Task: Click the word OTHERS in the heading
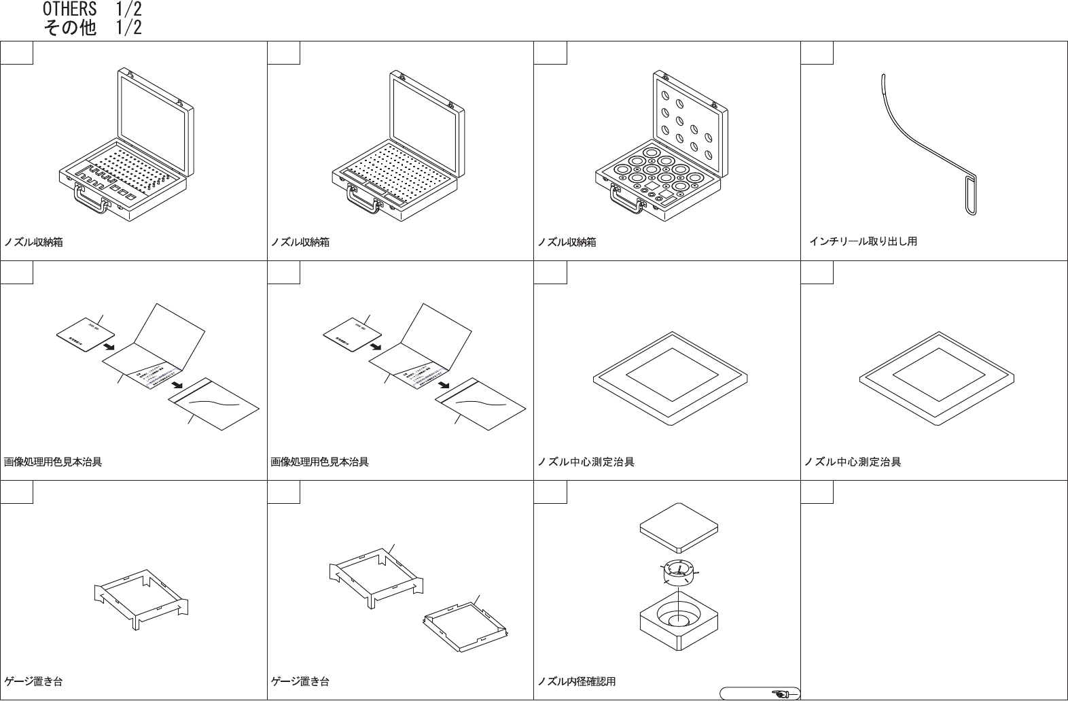[x=69, y=10]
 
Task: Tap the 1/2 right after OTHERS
[x=128, y=10]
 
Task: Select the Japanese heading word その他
[x=69, y=28]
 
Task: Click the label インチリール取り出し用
[x=863, y=241]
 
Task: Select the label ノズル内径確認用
[x=577, y=681]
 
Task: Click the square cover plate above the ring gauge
[x=679, y=526]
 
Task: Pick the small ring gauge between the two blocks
[x=678, y=572]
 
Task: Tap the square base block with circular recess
[x=679, y=620]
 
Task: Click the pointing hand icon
[x=781, y=694]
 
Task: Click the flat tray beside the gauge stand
[x=465, y=621]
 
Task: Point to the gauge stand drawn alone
[x=141, y=595]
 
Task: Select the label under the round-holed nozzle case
[x=567, y=242]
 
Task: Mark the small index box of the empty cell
[x=817, y=492]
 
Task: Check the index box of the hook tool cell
[x=817, y=53]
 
